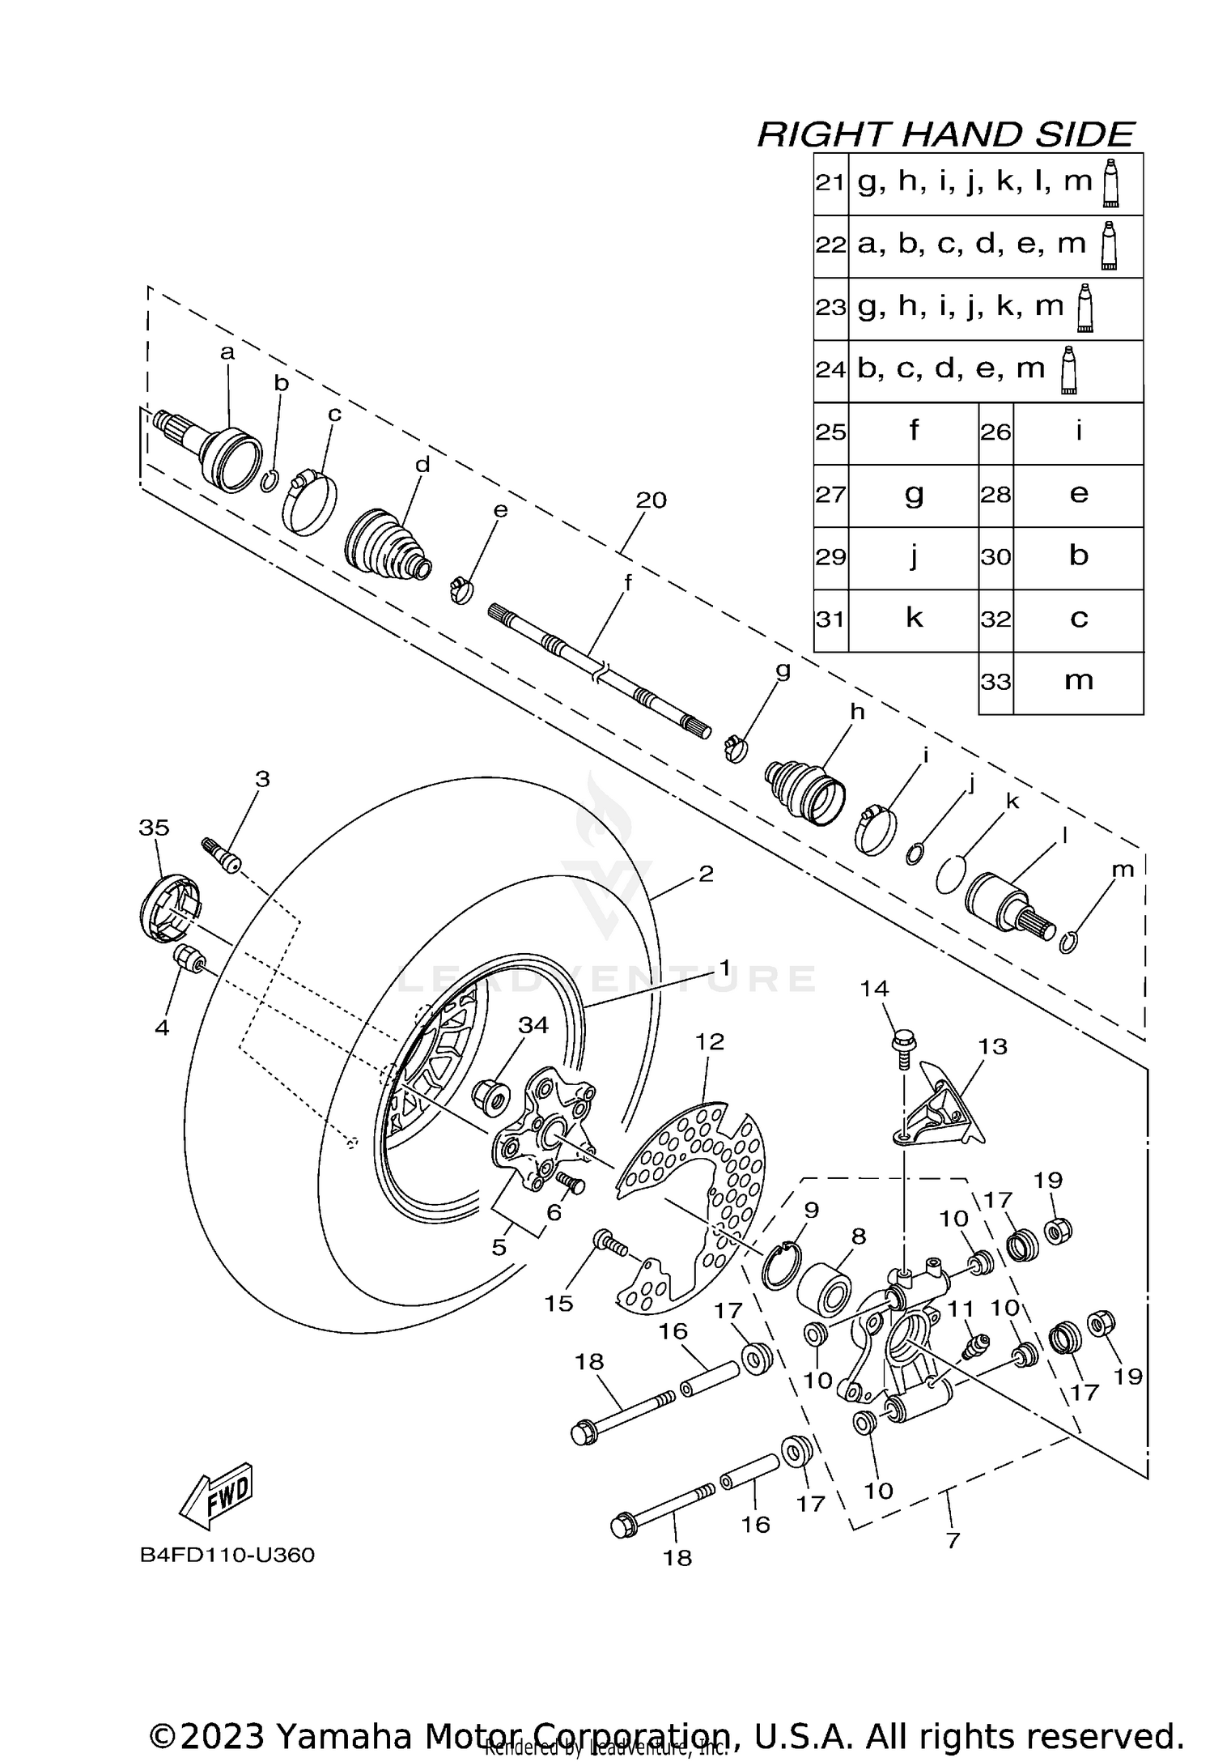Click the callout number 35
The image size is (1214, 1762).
point(154,828)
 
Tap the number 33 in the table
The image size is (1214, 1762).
point(995,682)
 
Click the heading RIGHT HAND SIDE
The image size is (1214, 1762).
point(944,134)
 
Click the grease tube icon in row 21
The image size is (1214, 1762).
point(1110,181)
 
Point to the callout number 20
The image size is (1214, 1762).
point(651,500)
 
